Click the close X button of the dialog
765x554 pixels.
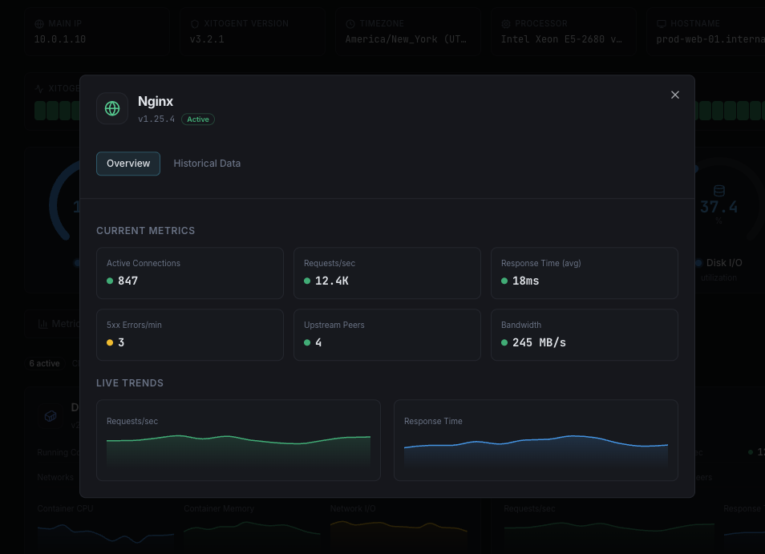675,95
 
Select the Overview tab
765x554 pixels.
128,164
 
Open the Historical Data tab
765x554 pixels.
207,164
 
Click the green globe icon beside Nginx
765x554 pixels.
112,108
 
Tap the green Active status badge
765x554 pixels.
198,119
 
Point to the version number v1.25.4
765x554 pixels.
156,119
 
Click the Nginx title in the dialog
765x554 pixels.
156,101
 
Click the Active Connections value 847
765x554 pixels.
127,281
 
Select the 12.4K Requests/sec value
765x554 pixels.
331,281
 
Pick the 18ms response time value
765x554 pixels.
526,281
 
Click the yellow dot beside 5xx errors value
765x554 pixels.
110,342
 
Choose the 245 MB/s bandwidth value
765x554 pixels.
539,342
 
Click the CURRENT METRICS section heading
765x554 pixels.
146,231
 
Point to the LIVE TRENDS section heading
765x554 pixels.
130,383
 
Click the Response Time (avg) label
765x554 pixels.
541,263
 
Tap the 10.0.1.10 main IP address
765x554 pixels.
60,38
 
